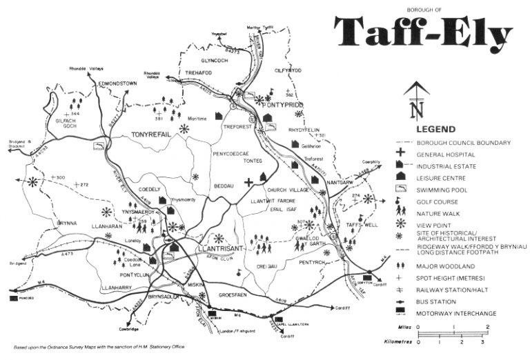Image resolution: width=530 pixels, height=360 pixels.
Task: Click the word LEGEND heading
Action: point(435,129)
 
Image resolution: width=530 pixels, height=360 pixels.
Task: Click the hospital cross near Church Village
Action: point(249,183)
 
